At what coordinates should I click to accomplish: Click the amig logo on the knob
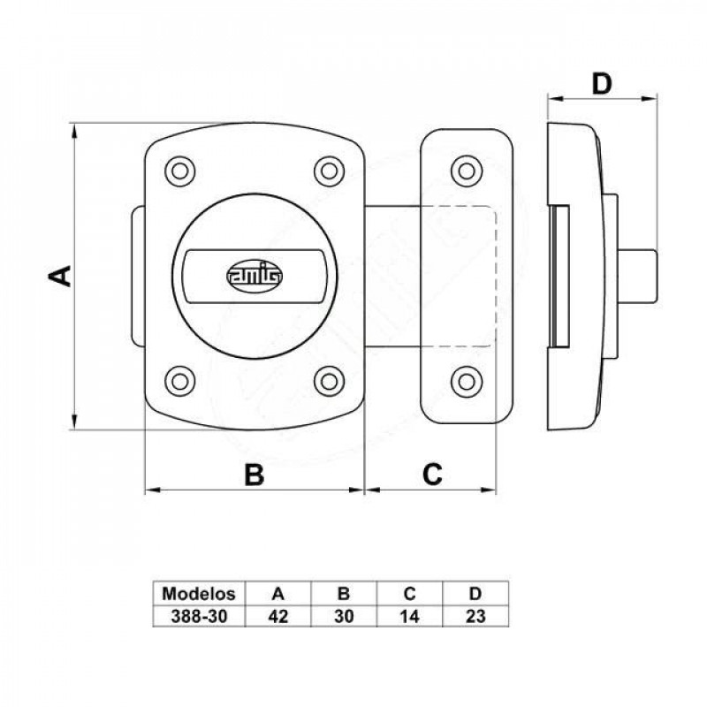(x=255, y=276)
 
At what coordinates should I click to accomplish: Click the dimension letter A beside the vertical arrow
(x=60, y=276)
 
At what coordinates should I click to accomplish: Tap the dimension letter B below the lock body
(x=255, y=475)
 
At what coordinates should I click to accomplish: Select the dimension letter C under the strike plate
(x=432, y=474)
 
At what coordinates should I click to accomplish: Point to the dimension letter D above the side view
(x=602, y=84)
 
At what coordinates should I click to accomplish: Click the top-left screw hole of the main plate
(x=180, y=171)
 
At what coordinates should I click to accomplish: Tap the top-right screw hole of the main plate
(x=329, y=171)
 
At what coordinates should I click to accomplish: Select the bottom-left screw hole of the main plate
(x=180, y=382)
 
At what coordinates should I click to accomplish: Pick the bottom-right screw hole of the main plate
(x=329, y=382)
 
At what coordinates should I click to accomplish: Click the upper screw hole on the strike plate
(x=467, y=171)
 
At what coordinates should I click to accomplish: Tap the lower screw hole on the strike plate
(x=467, y=382)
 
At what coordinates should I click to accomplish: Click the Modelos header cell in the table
(x=199, y=594)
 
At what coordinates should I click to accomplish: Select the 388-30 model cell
(x=199, y=616)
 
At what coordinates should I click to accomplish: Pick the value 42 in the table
(x=277, y=616)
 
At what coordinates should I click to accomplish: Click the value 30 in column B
(x=344, y=616)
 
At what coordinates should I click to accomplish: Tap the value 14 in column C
(x=409, y=616)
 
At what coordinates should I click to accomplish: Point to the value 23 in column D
(x=475, y=616)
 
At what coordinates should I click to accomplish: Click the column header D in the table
(x=475, y=594)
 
